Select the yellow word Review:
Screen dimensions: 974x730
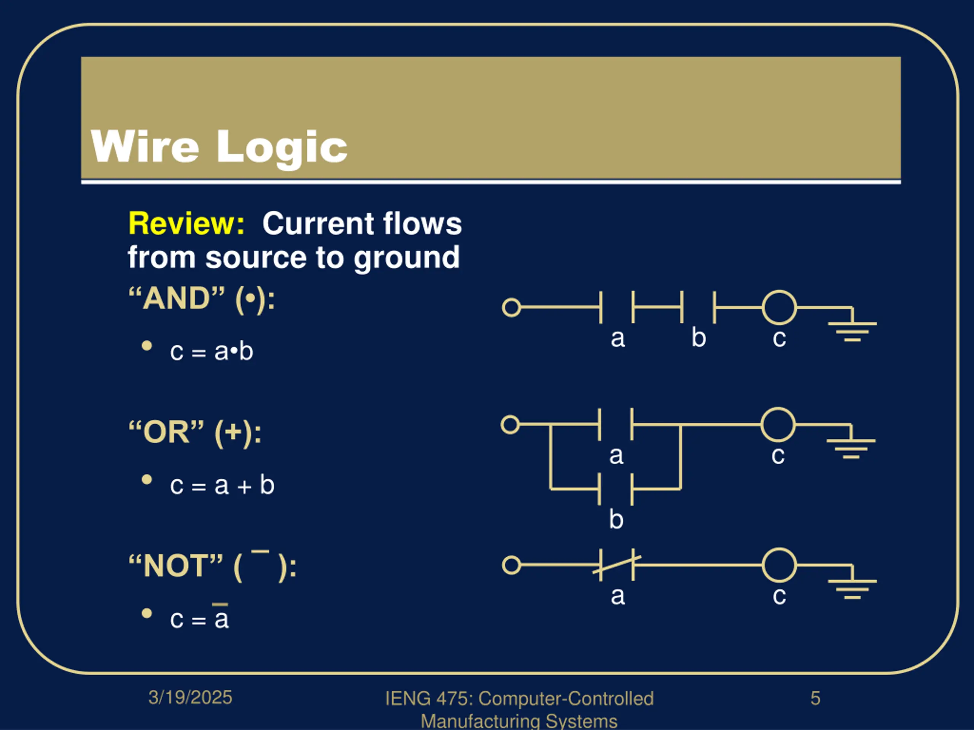(x=186, y=224)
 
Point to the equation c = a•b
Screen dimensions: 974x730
(x=212, y=352)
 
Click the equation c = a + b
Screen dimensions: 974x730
(x=222, y=486)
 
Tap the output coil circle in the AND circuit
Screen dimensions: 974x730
(x=779, y=307)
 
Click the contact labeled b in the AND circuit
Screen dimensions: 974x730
(x=698, y=307)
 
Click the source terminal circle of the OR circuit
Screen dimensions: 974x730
(x=510, y=425)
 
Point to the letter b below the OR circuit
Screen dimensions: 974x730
(x=616, y=520)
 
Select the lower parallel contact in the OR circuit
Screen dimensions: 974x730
(x=616, y=489)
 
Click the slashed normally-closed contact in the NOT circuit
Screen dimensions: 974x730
(x=616, y=565)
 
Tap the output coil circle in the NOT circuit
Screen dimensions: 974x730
(x=779, y=565)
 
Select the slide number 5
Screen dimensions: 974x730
(x=815, y=698)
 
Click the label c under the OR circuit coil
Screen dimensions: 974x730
(x=778, y=456)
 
